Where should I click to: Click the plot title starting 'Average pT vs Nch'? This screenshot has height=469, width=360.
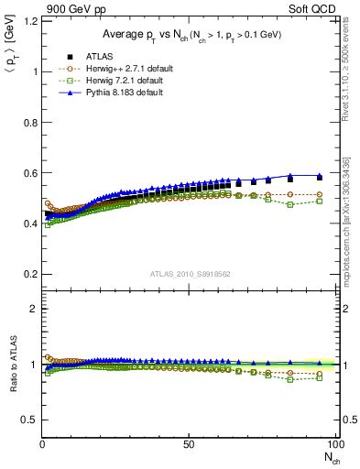(x=190, y=34)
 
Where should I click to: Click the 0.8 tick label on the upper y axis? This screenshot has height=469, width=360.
(x=29, y=123)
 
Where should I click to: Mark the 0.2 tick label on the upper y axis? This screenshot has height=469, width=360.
(x=29, y=274)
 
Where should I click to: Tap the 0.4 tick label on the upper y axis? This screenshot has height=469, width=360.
(x=29, y=224)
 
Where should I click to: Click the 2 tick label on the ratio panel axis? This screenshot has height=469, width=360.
(x=33, y=309)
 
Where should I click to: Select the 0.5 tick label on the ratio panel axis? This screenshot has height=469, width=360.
(x=29, y=420)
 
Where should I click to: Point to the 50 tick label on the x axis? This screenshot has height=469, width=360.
(x=189, y=444)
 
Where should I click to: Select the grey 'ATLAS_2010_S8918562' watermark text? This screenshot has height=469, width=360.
(x=190, y=273)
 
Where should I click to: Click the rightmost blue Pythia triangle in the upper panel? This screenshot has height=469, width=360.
(x=319, y=175)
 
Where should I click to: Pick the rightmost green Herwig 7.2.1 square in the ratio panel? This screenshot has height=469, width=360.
(x=319, y=377)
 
